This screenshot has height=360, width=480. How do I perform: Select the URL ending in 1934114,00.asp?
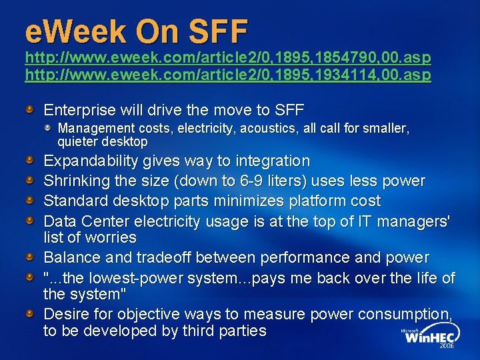227,75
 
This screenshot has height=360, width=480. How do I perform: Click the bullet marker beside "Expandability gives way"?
31,161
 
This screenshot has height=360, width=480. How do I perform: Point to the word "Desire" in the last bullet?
65,314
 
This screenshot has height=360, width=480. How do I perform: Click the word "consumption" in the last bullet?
393,314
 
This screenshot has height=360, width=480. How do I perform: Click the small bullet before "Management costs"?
49,127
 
